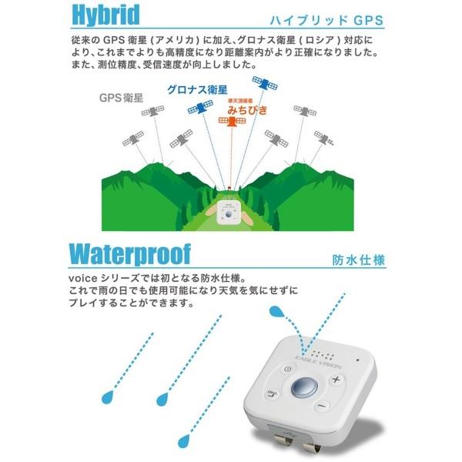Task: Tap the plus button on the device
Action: [336, 381]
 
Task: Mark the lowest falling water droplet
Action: [183, 440]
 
